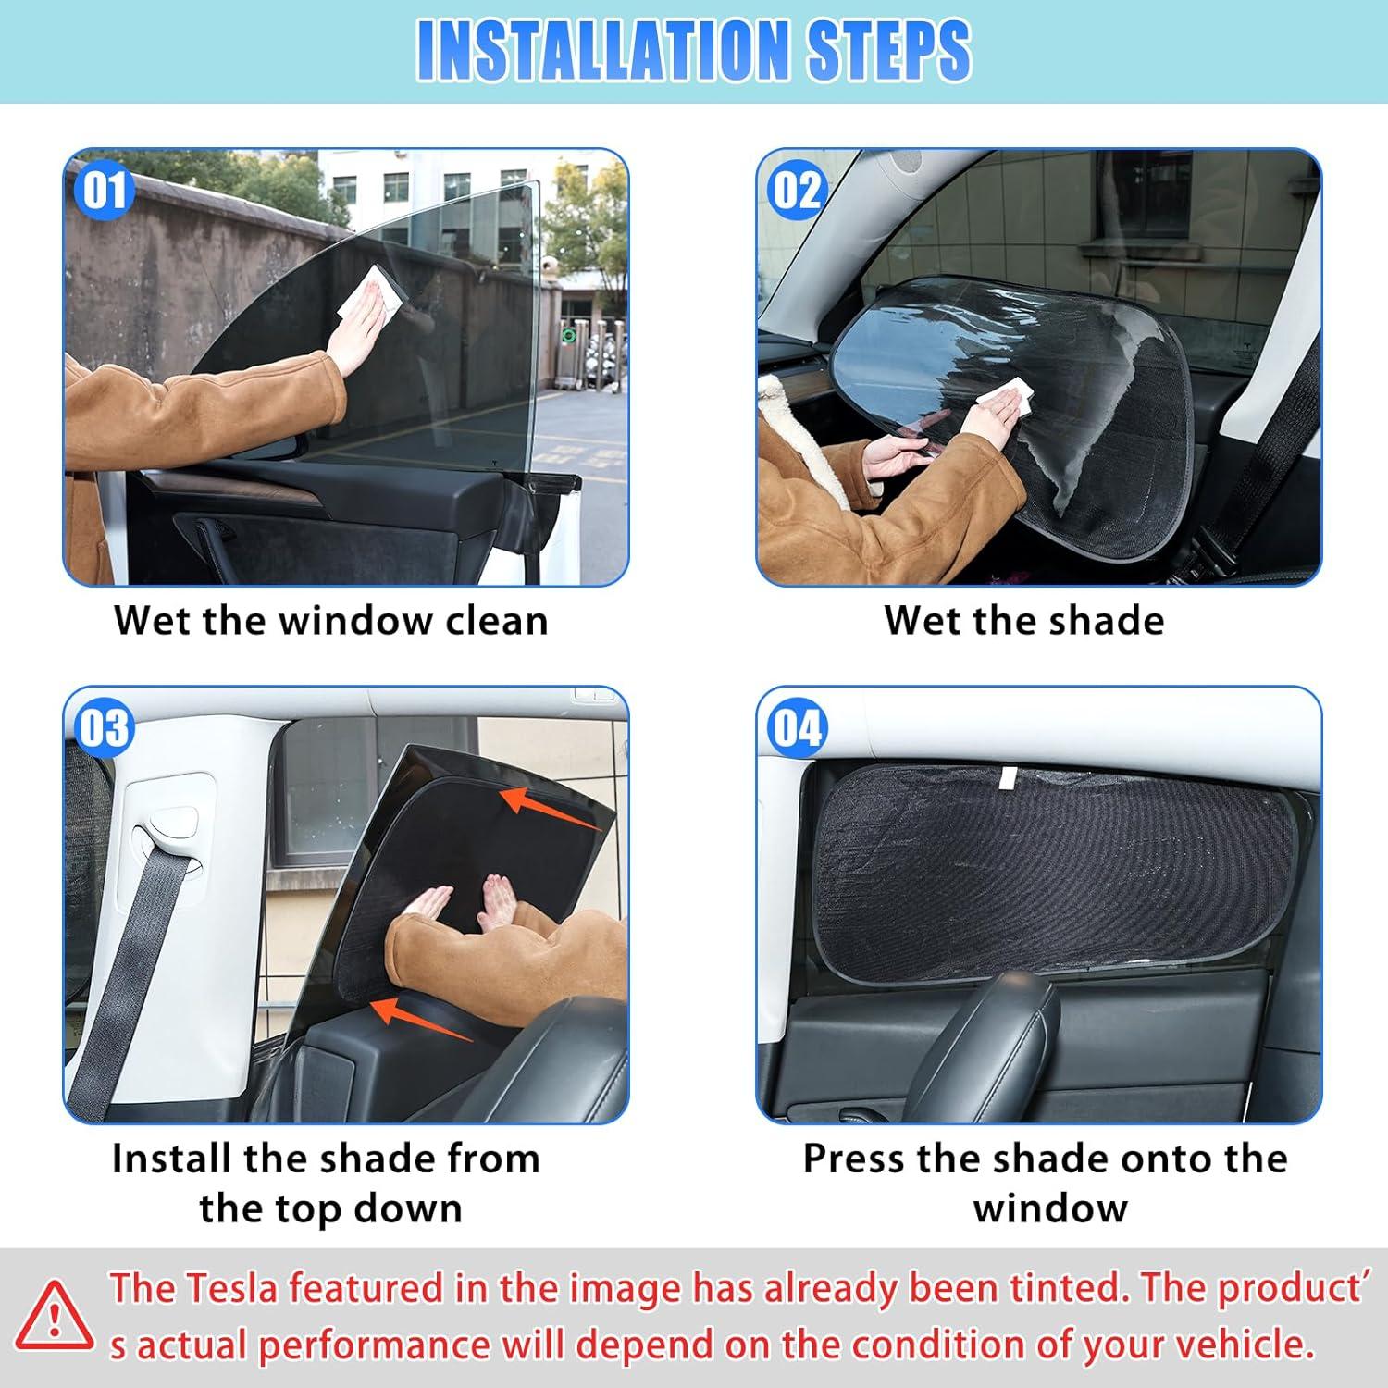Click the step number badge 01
[x=104, y=191]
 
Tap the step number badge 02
[x=797, y=191]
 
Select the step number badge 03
[x=104, y=727]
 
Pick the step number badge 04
[x=797, y=727]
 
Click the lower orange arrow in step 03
[x=421, y=1018]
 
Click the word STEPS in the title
[x=889, y=50]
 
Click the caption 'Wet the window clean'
[x=331, y=620]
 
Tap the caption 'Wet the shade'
[x=1023, y=620]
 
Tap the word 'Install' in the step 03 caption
[x=171, y=1159]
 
